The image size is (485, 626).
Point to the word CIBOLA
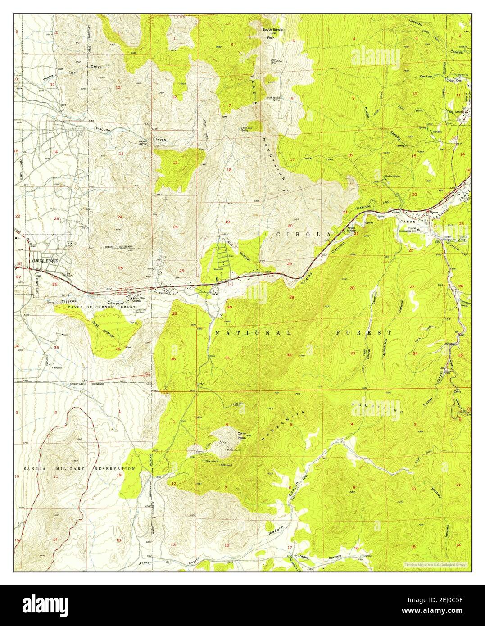(x=304, y=235)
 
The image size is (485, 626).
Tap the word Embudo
(x=104, y=128)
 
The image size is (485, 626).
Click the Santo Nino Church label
(x=136, y=299)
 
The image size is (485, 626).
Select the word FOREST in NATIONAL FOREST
(x=363, y=332)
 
